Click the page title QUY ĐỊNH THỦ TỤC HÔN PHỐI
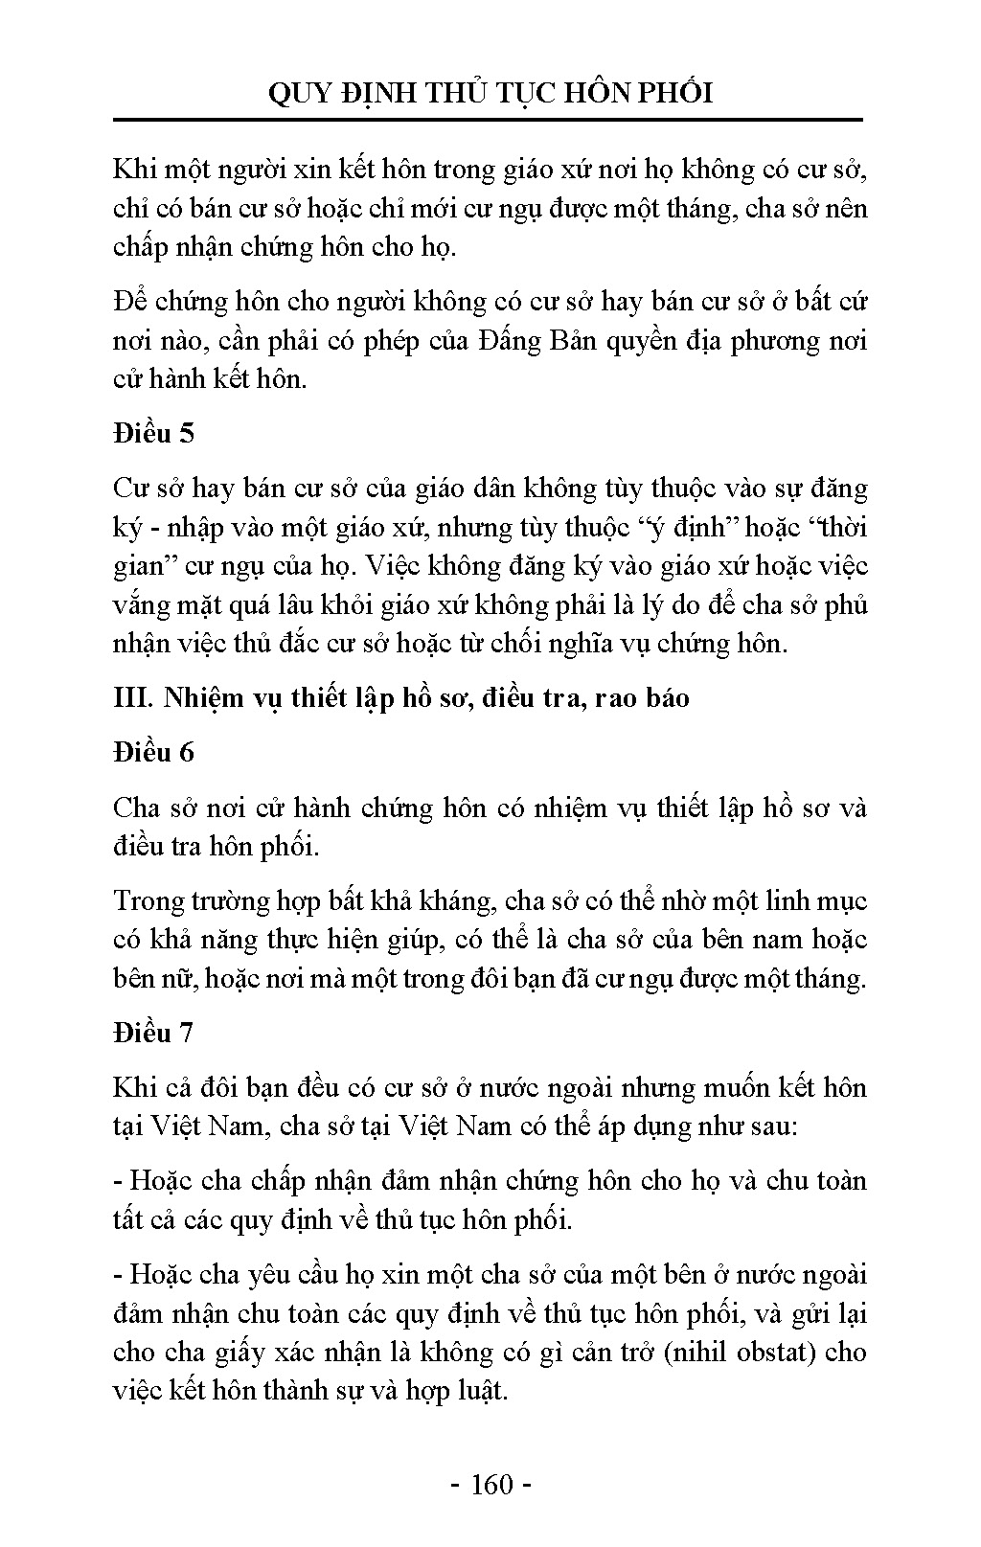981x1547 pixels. [490, 93]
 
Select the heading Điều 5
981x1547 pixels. [153, 433]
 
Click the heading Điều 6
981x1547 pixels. [153, 752]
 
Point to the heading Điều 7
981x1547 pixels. [153, 1033]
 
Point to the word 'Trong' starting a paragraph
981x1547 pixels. [145, 900]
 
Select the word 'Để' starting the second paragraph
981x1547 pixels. [129, 302]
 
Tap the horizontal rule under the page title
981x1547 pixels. [489, 121]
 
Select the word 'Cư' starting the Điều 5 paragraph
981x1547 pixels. [129, 489]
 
